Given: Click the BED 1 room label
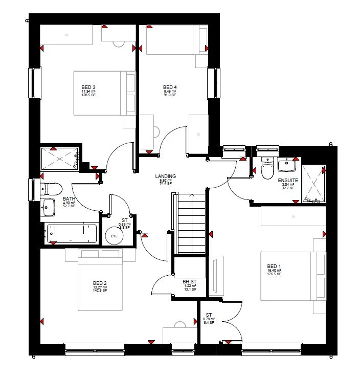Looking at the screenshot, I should pos(274,266).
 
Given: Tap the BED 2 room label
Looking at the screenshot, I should pos(100,283).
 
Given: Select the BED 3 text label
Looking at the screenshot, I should pos(88,87).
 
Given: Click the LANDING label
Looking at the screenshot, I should pos(166,176).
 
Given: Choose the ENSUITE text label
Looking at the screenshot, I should pos(287,180).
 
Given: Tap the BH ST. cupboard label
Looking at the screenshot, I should pos(190,281).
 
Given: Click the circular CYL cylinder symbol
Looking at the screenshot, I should pos(114,237).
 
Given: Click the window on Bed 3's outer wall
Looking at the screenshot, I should pos(35,83).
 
